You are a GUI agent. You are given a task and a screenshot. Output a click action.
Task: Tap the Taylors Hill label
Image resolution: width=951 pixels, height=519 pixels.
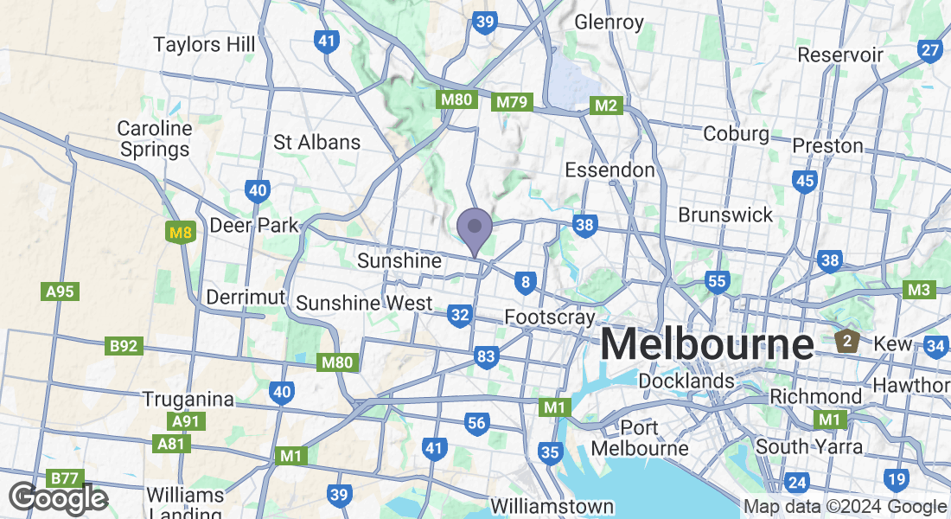(x=204, y=44)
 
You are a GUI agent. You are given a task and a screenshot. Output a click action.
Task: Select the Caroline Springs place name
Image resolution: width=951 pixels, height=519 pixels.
(x=155, y=138)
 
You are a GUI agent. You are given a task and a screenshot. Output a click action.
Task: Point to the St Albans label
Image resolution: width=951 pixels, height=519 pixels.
(x=316, y=142)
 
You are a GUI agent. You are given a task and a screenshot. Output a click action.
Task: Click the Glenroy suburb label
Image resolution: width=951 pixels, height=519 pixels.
(x=610, y=22)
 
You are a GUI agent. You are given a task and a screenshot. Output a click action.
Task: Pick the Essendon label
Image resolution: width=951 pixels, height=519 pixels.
(x=610, y=170)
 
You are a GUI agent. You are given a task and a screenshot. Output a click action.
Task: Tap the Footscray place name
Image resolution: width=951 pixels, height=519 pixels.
(x=550, y=317)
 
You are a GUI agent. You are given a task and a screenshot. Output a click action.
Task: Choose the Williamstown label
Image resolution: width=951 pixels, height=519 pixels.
(x=552, y=506)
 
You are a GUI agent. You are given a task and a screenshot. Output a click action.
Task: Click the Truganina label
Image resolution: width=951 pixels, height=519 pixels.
(x=188, y=400)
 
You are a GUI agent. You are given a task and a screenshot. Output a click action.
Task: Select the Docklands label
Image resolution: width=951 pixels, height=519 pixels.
(x=686, y=381)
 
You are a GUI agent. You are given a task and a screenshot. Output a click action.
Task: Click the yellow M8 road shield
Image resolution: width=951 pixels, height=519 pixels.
(x=180, y=232)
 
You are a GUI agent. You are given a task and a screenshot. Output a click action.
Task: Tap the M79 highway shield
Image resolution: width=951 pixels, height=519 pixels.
(x=510, y=103)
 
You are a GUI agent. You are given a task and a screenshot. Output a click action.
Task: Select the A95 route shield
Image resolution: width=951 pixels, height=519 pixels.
(x=60, y=292)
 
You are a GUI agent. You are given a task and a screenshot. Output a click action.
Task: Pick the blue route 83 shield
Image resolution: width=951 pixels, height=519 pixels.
(x=487, y=356)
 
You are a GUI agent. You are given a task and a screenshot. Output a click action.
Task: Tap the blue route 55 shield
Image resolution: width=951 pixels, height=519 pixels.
(x=717, y=281)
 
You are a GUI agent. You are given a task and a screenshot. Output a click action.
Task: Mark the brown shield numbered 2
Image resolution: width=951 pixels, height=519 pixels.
(x=848, y=341)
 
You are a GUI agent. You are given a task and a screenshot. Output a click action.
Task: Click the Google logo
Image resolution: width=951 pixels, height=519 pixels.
(x=58, y=498)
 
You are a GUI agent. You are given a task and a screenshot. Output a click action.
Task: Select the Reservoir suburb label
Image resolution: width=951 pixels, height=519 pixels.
(x=840, y=54)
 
